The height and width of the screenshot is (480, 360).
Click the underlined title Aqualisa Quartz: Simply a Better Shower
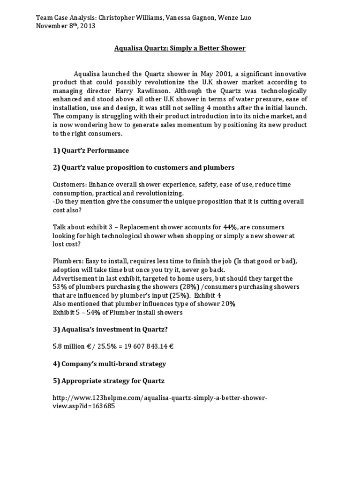pos(180,48)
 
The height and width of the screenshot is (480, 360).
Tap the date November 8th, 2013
pos(66,26)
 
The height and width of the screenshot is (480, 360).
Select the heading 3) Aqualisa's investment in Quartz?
pos(110,330)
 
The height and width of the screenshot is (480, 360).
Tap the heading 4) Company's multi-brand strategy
pos(109,363)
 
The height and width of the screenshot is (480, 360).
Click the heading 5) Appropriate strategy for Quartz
pos(108,380)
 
